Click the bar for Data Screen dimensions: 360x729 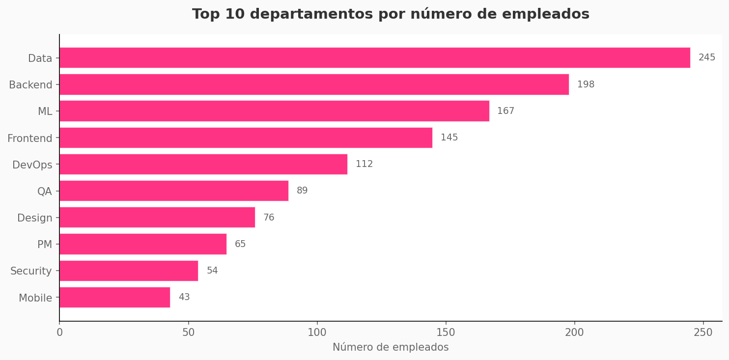pos(374,58)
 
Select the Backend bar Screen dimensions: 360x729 pos(314,84)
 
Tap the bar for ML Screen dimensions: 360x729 pos(274,111)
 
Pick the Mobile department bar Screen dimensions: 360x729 pos(114,297)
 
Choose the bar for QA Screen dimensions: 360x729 pos(174,191)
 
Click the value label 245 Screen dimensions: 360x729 pos(706,58)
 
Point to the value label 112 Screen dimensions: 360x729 pos(364,164)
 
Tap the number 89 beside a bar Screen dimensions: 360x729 pos(302,191)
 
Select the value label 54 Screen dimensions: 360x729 pos(212,271)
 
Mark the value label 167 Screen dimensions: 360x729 pos(505,111)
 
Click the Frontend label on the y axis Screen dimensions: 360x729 pos(30,138)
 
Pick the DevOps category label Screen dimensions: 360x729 pos(32,165)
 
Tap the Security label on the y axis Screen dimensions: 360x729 pos(31,271)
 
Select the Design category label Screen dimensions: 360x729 pos(35,218)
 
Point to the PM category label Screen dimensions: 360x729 pos(45,245)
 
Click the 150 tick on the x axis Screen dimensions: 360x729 pos(446,332)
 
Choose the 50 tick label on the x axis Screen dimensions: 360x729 pos(188,332)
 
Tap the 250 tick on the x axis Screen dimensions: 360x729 pos(703,332)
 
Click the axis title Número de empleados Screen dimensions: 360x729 pos(391,347)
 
